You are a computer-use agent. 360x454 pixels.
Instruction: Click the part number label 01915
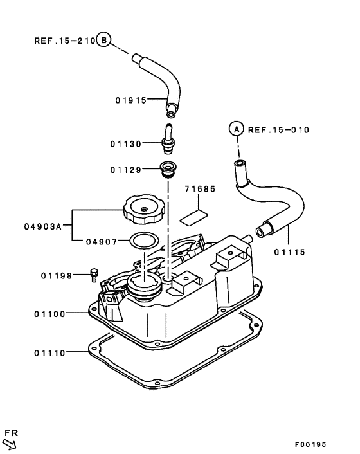point(132,100)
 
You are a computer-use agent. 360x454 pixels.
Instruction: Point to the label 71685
point(200,190)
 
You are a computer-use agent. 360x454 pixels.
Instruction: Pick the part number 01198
point(56,276)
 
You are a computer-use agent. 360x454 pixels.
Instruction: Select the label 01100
point(50,314)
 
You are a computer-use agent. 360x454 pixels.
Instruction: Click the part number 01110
point(50,352)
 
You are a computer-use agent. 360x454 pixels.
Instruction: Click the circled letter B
point(104,40)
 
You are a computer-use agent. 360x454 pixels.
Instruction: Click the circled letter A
point(236,129)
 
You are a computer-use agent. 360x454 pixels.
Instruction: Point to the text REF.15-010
point(278,130)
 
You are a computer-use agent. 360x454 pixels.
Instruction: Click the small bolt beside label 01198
point(94,275)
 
